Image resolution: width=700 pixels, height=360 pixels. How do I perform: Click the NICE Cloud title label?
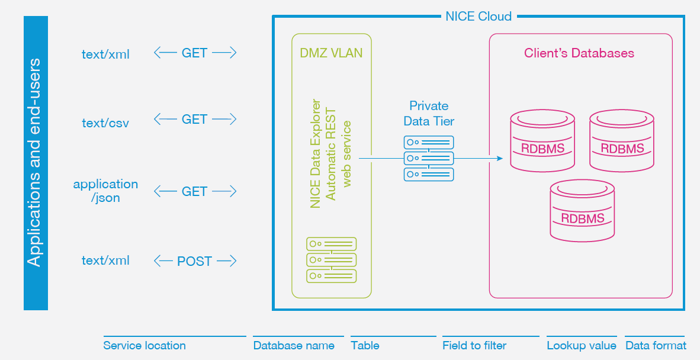click(478, 16)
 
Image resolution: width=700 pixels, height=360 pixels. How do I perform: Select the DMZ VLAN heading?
click(331, 53)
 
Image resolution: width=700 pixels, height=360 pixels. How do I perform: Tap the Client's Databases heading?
click(579, 53)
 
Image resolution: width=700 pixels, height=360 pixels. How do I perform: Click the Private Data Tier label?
click(429, 113)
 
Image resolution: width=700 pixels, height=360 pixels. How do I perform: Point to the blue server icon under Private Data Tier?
click(429, 159)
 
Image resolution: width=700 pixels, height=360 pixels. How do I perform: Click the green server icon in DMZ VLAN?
click(331, 260)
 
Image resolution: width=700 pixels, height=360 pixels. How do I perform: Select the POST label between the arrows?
click(194, 261)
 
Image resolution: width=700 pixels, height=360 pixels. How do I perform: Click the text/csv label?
click(105, 123)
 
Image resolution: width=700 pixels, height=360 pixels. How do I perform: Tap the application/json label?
click(105, 191)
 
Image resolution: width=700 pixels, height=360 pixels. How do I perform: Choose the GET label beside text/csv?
click(194, 120)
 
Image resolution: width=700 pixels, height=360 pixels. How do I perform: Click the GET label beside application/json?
click(194, 192)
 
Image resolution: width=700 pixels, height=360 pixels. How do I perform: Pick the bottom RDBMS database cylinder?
click(582, 211)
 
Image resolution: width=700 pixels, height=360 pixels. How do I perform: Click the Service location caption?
click(145, 346)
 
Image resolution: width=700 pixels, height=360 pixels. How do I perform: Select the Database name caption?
click(294, 346)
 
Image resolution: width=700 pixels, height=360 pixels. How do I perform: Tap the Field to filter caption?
click(474, 346)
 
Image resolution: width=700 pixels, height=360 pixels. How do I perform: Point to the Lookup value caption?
click(581, 346)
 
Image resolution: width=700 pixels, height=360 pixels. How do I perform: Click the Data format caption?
click(656, 346)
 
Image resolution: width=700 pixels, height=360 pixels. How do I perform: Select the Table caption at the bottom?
click(365, 346)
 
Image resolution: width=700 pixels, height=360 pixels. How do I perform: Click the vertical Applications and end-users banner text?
click(36, 163)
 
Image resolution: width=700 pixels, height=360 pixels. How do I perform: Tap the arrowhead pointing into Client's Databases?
click(499, 159)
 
